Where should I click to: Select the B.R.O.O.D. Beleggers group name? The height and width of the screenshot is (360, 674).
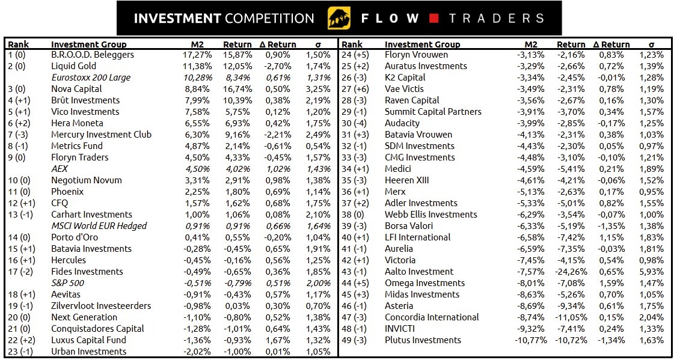click(x=93, y=55)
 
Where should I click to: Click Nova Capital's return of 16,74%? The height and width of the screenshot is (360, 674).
click(x=236, y=89)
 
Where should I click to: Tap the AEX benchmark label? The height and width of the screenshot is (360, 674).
click(x=60, y=169)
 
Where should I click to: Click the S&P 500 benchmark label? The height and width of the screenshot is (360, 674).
click(x=67, y=283)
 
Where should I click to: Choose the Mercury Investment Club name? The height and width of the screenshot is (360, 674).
click(x=101, y=135)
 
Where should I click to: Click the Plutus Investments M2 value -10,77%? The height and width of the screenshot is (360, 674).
click(x=531, y=340)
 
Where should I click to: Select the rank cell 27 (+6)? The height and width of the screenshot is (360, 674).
click(x=357, y=89)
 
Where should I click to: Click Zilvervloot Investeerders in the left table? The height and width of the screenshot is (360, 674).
click(x=101, y=306)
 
